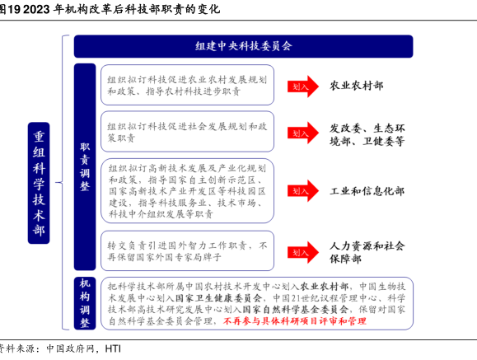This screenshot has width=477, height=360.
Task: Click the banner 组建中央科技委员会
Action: pos(243,46)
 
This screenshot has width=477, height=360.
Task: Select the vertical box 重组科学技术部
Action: pos(39,183)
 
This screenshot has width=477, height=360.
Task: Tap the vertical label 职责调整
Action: pos(85,166)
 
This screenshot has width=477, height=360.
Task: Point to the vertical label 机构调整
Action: pos(85,303)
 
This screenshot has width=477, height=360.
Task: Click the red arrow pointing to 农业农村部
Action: pos(303,86)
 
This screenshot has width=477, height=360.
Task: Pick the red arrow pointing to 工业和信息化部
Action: pos(303,191)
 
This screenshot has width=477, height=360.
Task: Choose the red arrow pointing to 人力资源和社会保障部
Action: pos(303,252)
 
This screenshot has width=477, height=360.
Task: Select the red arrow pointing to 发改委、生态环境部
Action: pos(303,133)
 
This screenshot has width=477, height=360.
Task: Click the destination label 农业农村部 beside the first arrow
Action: pos(356,86)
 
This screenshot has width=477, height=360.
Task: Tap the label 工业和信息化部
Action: pos(367,191)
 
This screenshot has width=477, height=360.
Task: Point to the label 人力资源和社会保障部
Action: pos(367,252)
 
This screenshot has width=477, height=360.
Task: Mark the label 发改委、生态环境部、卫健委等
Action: pos(367,135)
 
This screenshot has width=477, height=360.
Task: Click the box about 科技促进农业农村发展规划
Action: pos(187,85)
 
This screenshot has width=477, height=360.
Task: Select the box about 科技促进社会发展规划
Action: pos(187,132)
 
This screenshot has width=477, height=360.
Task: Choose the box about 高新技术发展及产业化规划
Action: pos(187,191)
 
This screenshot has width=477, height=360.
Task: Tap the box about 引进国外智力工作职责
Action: pos(187,250)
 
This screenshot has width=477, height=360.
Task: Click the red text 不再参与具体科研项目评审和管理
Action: pos(295,321)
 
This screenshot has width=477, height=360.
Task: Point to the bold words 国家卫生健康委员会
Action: pos(218,298)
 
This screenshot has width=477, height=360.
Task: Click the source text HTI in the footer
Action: pos(113,348)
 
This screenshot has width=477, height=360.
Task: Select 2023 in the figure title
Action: pos(36,9)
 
